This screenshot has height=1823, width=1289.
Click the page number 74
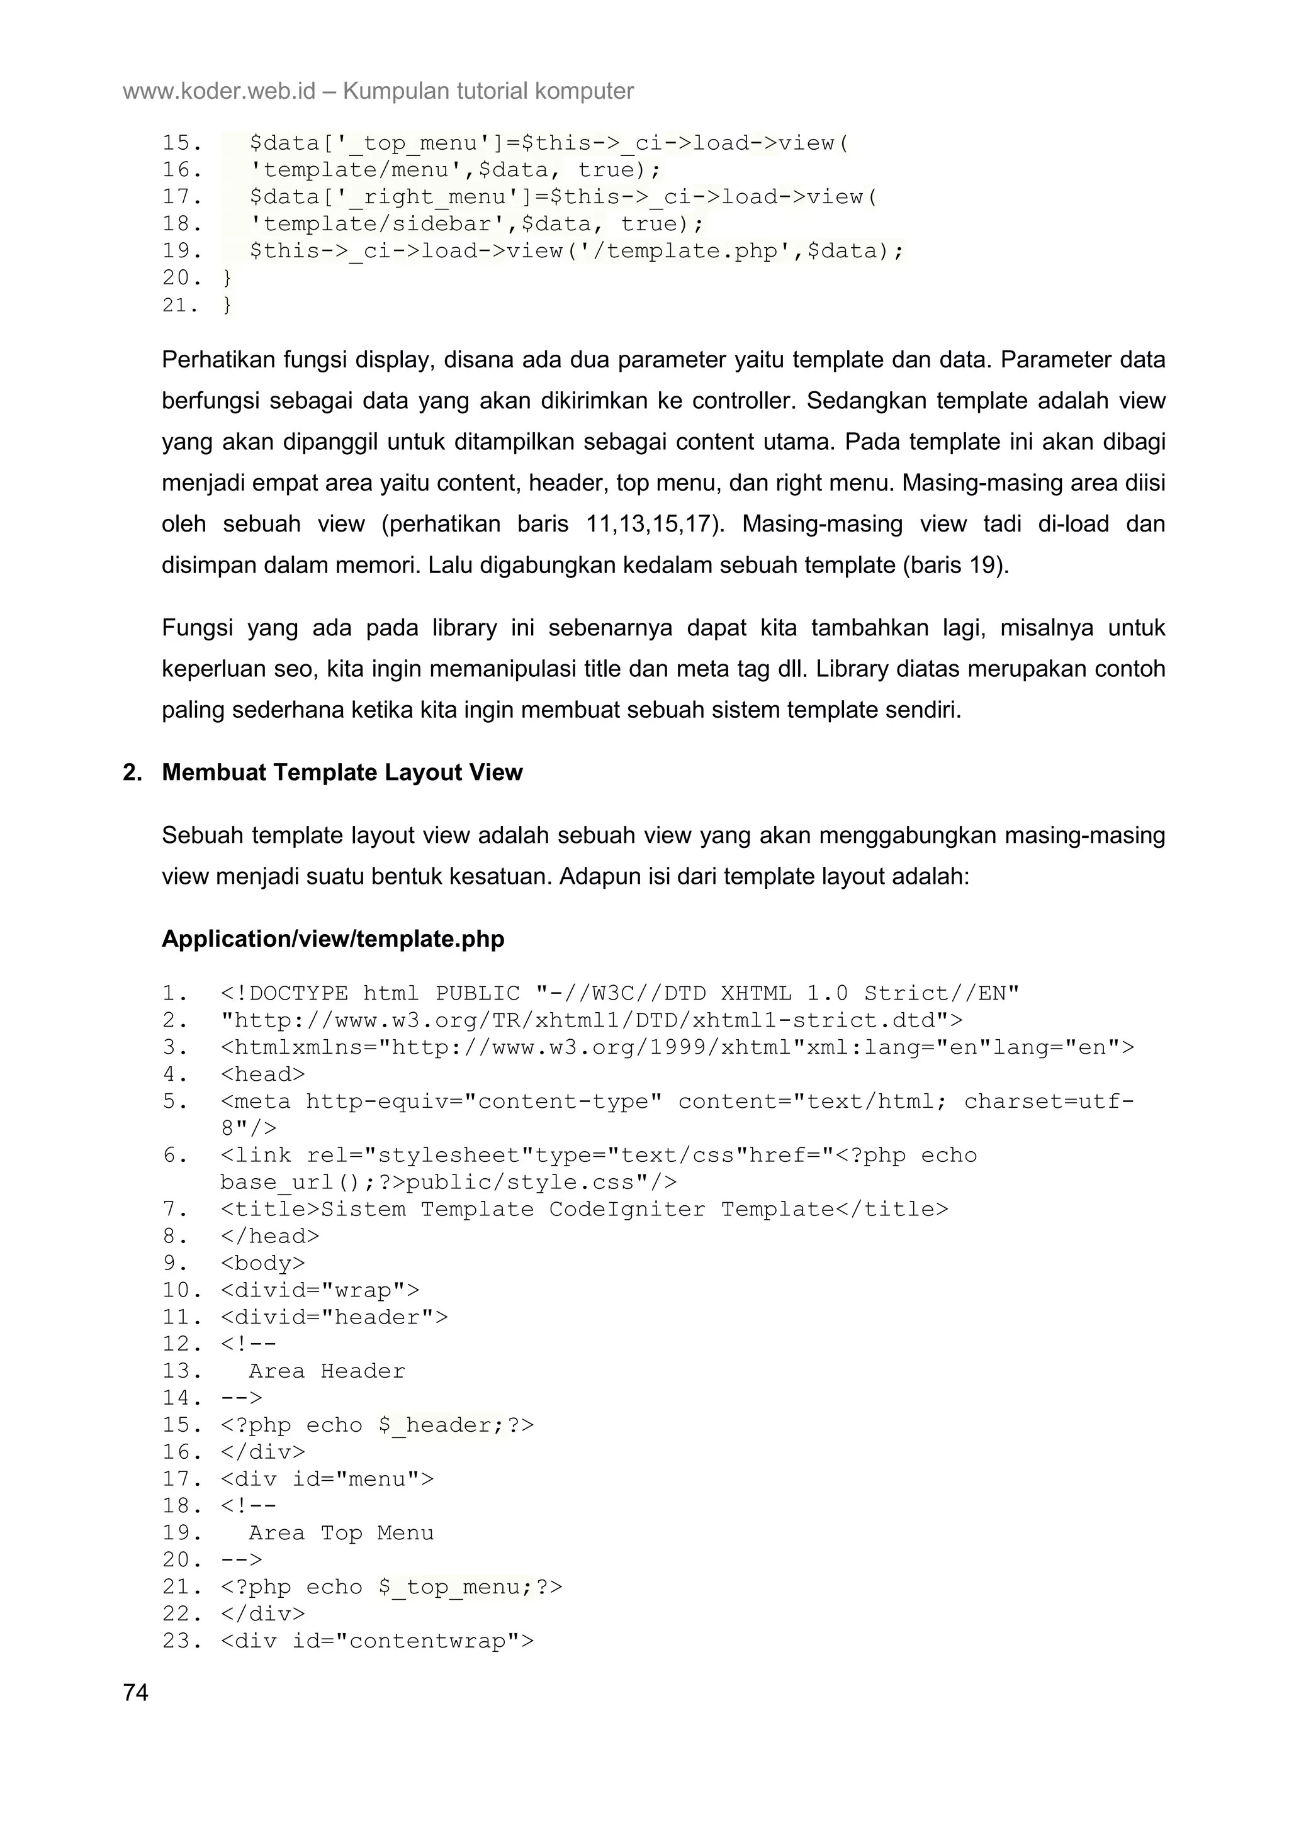click(136, 1693)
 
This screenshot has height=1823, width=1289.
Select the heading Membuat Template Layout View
click(342, 772)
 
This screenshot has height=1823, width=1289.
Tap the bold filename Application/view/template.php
click(333, 939)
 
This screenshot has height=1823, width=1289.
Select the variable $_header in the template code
click(441, 1425)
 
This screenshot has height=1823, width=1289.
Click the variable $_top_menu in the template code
click(455, 1587)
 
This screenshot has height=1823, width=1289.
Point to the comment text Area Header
click(327, 1371)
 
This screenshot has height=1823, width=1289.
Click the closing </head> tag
click(270, 1236)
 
